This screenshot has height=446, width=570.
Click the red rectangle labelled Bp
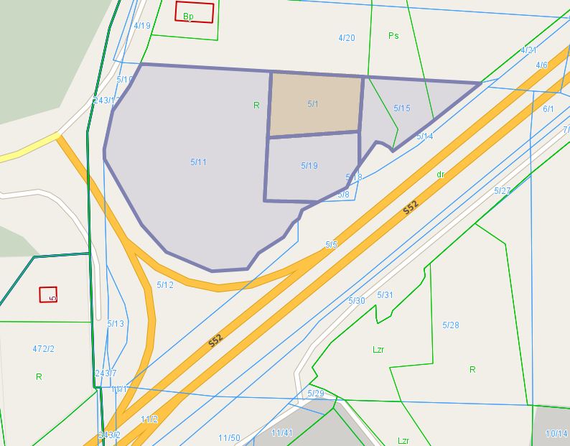pos(195,12)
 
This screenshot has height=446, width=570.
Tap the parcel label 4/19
pos(142,26)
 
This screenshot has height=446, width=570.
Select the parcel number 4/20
pos(346,38)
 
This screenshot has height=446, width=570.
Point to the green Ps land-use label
pos(393,35)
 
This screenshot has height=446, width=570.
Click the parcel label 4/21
pos(528,50)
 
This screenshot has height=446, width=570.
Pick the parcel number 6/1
pos(548,109)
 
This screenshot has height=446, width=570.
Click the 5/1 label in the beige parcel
pos(313,104)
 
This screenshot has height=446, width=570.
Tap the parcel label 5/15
pos(402,108)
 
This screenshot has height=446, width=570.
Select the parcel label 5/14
pos(424,136)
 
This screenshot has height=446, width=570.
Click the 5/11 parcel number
pos(199,162)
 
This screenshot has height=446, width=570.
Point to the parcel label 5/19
pos(309,166)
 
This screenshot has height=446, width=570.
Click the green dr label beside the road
pos(441,175)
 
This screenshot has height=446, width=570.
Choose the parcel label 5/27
pos(503,191)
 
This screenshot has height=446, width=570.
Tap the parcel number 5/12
pos(165,285)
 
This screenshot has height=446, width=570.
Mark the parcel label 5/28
pos(450,325)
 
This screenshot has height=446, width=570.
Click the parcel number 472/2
pos(43,349)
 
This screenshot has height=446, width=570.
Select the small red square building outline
pos(48,294)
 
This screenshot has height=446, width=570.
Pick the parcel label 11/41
pos(282,432)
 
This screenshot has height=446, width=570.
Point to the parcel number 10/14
pos(556,434)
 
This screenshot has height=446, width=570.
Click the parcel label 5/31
pos(386,295)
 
